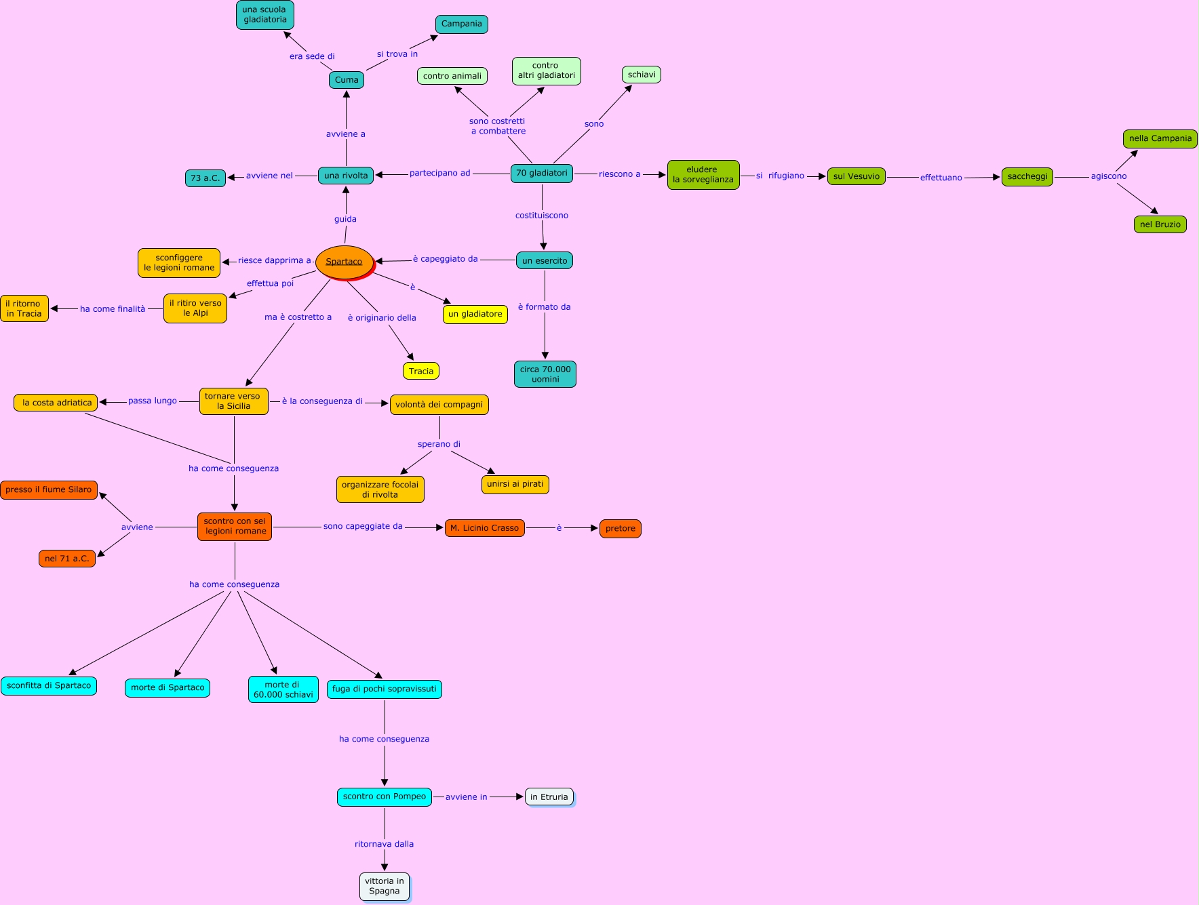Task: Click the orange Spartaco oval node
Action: (x=345, y=262)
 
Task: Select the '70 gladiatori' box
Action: (x=541, y=174)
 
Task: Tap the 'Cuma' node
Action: (x=347, y=80)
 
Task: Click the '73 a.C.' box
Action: (x=205, y=178)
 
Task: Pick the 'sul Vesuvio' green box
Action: (x=856, y=176)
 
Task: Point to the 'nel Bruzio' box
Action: (x=1160, y=224)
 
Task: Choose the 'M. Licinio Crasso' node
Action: (x=484, y=528)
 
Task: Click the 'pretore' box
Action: (x=620, y=529)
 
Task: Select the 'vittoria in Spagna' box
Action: (x=384, y=886)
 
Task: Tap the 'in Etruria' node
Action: (x=549, y=797)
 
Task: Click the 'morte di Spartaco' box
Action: (x=168, y=688)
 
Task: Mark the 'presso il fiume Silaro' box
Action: (x=49, y=490)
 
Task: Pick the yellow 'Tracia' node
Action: (x=420, y=371)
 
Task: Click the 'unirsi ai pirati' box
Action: (x=515, y=485)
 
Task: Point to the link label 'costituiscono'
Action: (x=541, y=216)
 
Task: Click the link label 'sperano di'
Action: (x=439, y=445)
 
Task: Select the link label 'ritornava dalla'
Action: (x=384, y=845)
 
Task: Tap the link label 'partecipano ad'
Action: (x=439, y=174)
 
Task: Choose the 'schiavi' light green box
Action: (x=641, y=75)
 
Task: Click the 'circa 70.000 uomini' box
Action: (x=545, y=374)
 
